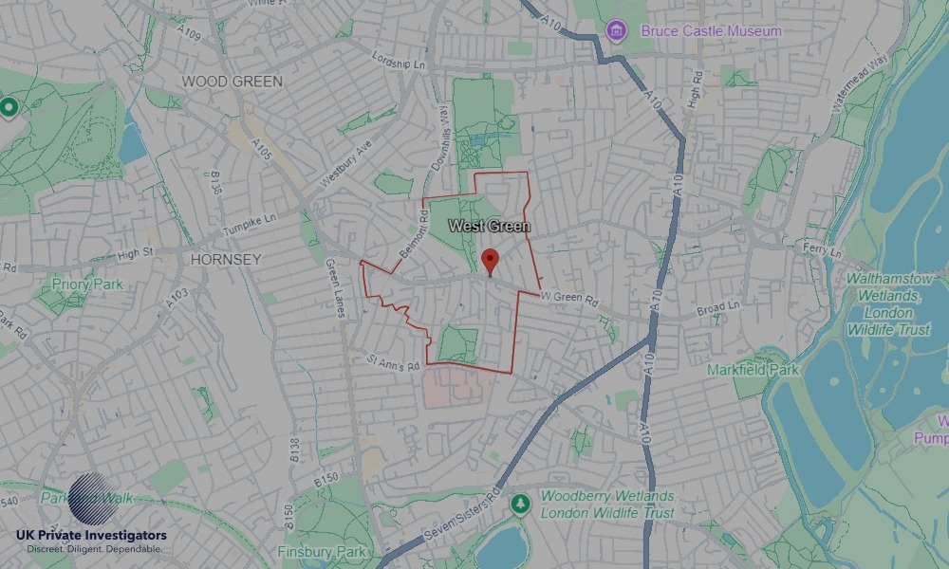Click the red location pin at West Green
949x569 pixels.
(490, 260)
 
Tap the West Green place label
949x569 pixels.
(489, 227)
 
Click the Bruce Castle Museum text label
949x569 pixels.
(711, 31)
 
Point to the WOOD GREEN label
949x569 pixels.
(233, 82)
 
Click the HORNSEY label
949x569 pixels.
(226, 259)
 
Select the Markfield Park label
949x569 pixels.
(753, 369)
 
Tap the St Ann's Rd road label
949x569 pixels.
(393, 361)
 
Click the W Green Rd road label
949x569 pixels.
(571, 299)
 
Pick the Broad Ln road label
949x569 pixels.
(717, 309)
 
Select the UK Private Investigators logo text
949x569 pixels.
(91, 536)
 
